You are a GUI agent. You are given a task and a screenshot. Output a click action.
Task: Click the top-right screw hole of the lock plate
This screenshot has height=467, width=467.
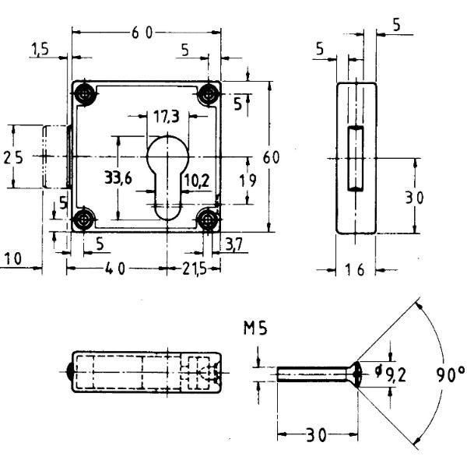(208, 95)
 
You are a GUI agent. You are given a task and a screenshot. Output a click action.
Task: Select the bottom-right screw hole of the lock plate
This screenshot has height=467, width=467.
(207, 219)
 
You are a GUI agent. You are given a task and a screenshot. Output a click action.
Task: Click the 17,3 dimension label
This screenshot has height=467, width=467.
(167, 117)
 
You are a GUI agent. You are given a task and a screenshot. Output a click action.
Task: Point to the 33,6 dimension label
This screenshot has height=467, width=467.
(118, 178)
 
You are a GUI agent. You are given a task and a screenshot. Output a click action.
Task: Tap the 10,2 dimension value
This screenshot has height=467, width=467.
(197, 181)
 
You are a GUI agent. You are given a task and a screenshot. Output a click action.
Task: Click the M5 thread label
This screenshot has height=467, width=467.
(255, 328)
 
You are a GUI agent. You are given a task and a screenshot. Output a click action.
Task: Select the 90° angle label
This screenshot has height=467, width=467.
(451, 374)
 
